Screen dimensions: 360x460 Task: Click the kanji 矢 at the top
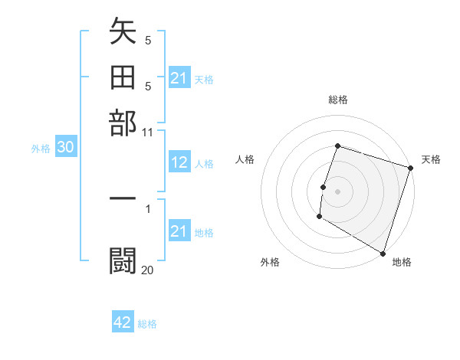[123, 34]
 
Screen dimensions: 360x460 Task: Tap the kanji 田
[123, 78]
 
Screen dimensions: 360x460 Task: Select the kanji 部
[123, 123]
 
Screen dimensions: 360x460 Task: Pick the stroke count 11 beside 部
[148, 132]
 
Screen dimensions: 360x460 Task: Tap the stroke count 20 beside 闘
[148, 270]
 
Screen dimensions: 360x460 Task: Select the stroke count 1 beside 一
[148, 208]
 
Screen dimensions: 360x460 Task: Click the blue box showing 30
[65, 149]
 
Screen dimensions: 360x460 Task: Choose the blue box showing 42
[123, 322]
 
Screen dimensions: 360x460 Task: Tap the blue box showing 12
[179, 162]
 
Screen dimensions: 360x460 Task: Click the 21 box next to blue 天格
[179, 78]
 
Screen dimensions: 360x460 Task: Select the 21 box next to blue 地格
[179, 231]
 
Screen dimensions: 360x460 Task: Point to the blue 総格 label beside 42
[147, 324]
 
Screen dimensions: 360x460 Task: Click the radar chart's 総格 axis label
[338, 100]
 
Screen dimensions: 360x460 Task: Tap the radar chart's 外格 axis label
[269, 262]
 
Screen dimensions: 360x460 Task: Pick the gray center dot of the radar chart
[338, 191]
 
